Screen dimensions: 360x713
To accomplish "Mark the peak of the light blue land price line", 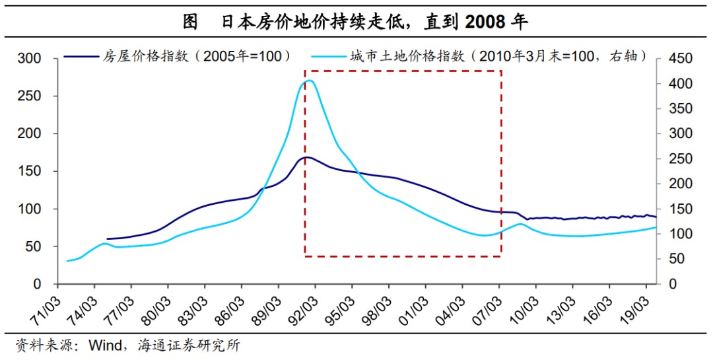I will click(x=308, y=81).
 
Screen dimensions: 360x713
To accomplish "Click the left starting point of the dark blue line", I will click(x=107, y=238).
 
